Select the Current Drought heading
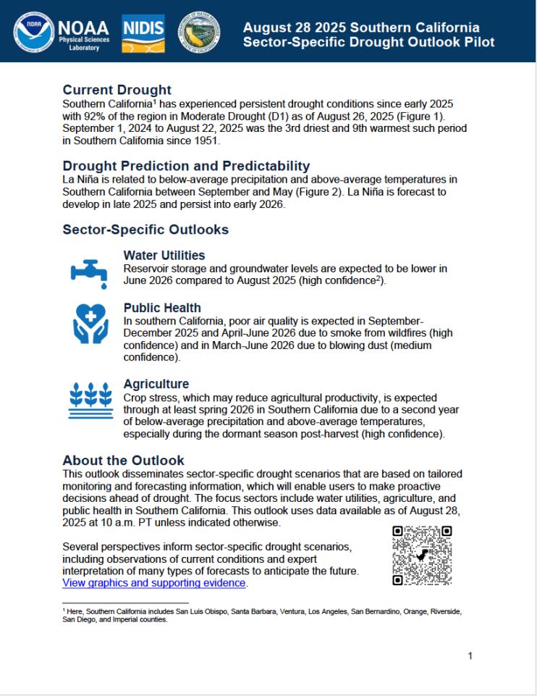tap(117, 90)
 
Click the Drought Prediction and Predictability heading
tap(186, 166)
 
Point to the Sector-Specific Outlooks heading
tap(145, 230)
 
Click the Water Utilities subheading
tap(164, 256)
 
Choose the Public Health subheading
tap(162, 308)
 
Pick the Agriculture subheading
tap(156, 384)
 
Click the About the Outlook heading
tap(123, 461)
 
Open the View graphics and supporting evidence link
tap(154, 582)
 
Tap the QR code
tap(422, 555)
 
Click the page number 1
tap(470, 656)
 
